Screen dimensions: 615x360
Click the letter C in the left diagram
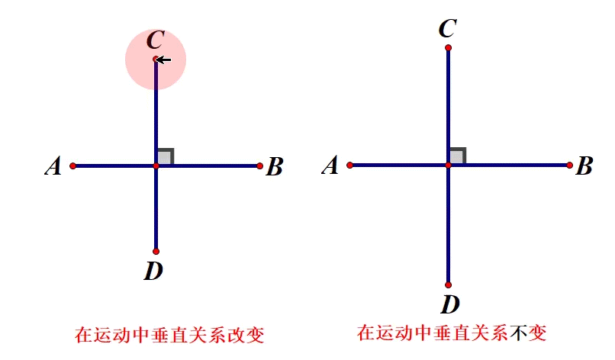(x=155, y=40)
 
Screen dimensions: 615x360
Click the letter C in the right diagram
(x=448, y=29)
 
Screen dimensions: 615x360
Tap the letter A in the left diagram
(x=53, y=166)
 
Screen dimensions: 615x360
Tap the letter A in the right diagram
(x=330, y=166)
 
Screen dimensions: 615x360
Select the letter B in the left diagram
(x=275, y=167)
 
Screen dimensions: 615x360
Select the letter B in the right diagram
(x=584, y=166)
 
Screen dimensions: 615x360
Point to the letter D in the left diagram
(x=153, y=270)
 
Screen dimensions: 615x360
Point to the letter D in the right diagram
(x=449, y=304)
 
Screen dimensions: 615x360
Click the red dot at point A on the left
(x=72, y=166)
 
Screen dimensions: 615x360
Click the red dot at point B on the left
(x=260, y=166)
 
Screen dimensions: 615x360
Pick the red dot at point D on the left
(x=156, y=251)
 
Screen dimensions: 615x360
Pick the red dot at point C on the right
(x=448, y=47)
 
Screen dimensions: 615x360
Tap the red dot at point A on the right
(x=349, y=165)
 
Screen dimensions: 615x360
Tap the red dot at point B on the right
(x=570, y=165)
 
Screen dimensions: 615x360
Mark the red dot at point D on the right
(x=448, y=285)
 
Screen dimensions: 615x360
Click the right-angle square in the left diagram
(x=165, y=156)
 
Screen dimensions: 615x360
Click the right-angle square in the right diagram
(x=457, y=156)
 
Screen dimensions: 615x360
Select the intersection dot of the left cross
(x=156, y=166)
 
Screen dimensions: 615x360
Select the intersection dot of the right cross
(x=448, y=165)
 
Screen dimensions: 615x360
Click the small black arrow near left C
(x=164, y=59)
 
